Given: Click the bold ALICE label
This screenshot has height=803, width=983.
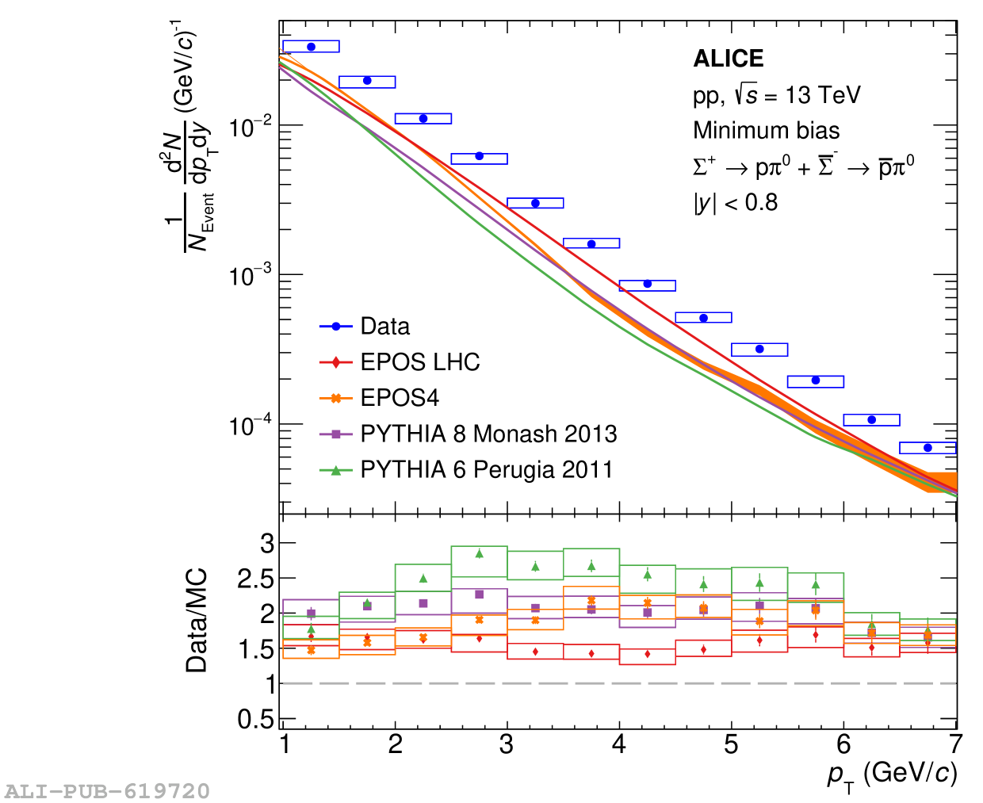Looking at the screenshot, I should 728,59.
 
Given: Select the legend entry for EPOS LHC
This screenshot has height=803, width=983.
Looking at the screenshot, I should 419,362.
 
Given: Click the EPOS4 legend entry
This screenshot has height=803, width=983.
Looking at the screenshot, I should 399,398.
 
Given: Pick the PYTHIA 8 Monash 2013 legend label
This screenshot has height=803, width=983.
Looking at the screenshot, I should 488,434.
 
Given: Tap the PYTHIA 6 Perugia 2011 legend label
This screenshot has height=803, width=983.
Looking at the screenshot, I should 486,469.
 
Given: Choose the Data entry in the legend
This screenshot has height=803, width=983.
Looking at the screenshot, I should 384,327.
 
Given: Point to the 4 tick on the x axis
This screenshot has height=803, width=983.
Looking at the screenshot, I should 619,744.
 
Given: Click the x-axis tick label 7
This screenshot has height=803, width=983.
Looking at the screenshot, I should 956,744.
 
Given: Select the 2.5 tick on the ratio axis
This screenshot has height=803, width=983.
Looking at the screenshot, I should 255,579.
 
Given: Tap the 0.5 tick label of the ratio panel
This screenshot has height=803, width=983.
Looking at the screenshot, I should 255,719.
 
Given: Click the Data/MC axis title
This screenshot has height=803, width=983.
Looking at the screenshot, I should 196,620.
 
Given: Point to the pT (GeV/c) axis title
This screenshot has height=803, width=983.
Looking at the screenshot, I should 892,774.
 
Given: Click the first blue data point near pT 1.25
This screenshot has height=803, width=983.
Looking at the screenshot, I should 311,47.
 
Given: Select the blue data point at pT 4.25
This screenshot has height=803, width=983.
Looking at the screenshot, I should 647,284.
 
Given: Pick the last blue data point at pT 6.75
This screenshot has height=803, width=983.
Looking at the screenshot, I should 928,448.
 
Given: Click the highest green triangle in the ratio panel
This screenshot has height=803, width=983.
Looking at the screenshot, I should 479,553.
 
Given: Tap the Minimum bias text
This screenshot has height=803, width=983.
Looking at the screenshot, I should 766,131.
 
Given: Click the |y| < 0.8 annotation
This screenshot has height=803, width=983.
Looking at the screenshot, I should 735,203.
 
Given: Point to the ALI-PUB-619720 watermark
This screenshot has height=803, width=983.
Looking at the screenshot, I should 107,791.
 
